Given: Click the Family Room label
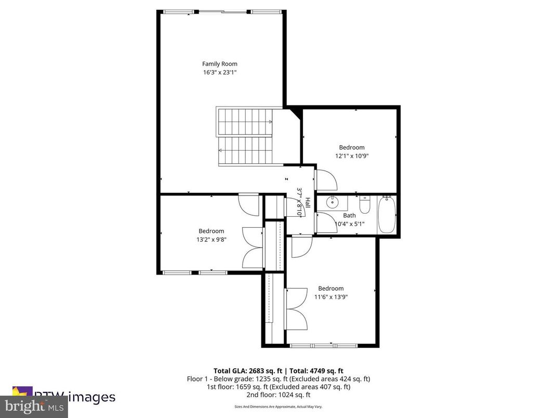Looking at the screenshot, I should [219, 64].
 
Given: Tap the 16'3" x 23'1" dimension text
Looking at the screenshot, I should [219, 73].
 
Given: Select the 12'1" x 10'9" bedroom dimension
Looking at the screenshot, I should [352, 155].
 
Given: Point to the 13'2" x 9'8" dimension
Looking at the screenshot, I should [211, 240].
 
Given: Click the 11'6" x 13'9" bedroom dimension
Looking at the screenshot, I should [330, 297].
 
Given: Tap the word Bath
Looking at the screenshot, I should [349, 215].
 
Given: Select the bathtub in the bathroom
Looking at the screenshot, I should [387, 215].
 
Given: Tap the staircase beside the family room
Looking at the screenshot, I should [245, 136].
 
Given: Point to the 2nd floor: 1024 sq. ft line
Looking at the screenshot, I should [278, 395].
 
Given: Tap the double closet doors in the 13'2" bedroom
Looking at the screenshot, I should [254, 247].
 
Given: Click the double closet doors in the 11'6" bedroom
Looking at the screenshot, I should [296, 308].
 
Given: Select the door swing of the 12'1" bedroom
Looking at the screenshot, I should [327, 180].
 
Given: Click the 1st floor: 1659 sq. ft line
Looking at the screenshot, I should [278, 387].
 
